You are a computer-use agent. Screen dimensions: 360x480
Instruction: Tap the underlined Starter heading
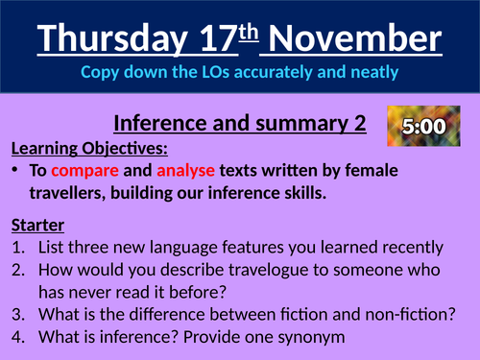(37, 227)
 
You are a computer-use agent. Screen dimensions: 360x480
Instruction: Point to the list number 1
(17, 248)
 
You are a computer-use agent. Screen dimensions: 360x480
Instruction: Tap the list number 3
(17, 315)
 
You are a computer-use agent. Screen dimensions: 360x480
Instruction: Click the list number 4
(17, 337)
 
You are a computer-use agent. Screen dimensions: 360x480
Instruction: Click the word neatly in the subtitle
(375, 72)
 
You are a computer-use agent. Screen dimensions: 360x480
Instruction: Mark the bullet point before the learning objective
(20, 171)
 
